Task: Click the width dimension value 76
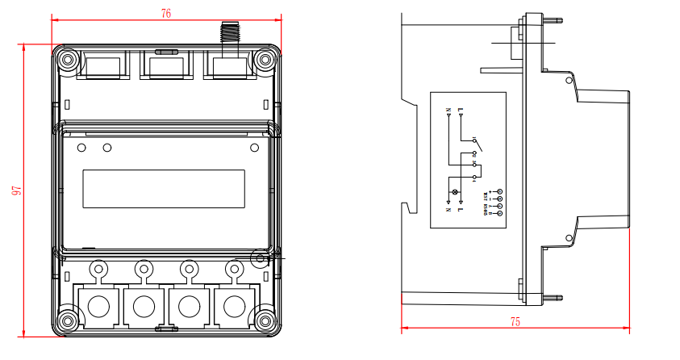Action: [166, 14]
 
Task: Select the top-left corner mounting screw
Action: [68, 60]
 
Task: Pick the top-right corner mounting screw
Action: [264, 60]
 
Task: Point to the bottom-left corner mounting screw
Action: [68, 321]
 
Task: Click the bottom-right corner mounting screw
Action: [264, 321]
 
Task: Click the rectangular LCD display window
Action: [165, 188]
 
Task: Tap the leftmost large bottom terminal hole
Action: [98, 306]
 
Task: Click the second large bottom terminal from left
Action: [144, 306]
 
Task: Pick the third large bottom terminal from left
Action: [190, 306]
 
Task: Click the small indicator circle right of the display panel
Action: [255, 147]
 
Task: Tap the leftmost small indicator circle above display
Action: [81, 147]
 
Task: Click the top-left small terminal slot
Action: [102, 65]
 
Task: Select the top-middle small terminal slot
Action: [165, 65]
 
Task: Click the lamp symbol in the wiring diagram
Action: [454, 192]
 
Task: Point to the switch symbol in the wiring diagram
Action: [475, 143]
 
